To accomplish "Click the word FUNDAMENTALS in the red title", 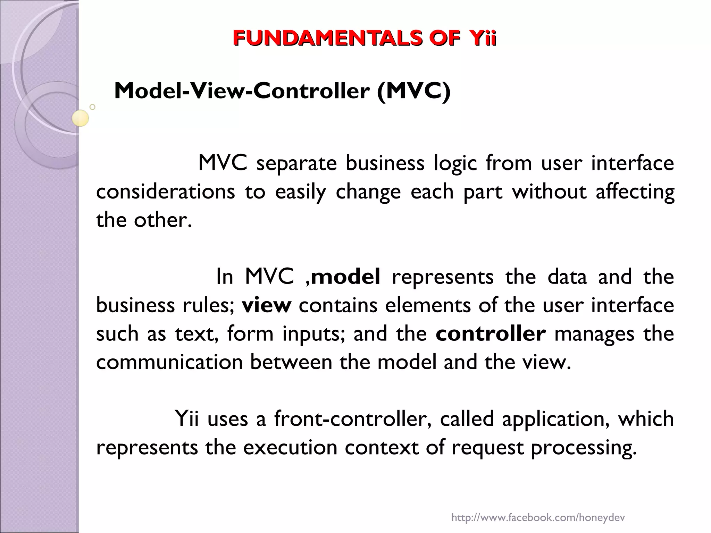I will point(327,38).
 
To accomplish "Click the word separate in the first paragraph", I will point(296,163).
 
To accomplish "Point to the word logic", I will point(455,163).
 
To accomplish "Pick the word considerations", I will point(166,192).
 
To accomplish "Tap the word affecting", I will point(635,192).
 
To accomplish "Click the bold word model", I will point(346,277).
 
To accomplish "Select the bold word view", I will point(266,305).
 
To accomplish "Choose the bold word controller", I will point(491,334).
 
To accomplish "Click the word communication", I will point(169,362).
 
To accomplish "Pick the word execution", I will point(290,447).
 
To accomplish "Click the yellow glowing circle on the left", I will point(81,118).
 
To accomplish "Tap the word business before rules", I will point(135,305).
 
